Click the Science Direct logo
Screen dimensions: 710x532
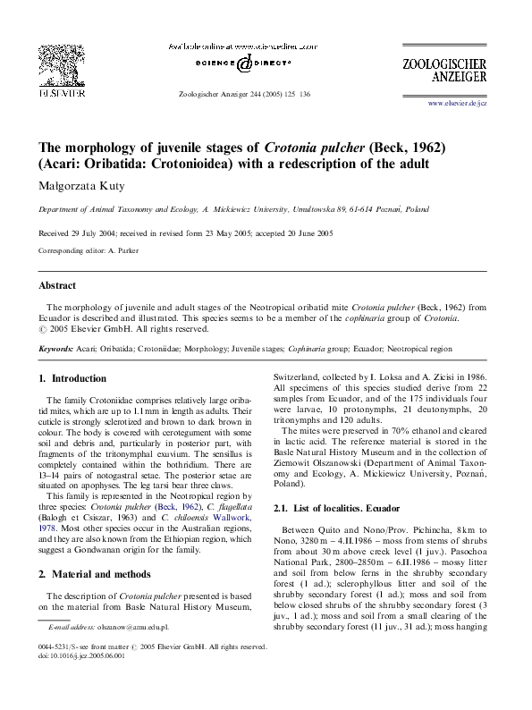[243, 64]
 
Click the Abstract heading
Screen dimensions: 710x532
[57, 286]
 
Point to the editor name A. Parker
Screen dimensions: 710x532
[124, 251]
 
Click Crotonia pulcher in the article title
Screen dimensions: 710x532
[328, 147]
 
